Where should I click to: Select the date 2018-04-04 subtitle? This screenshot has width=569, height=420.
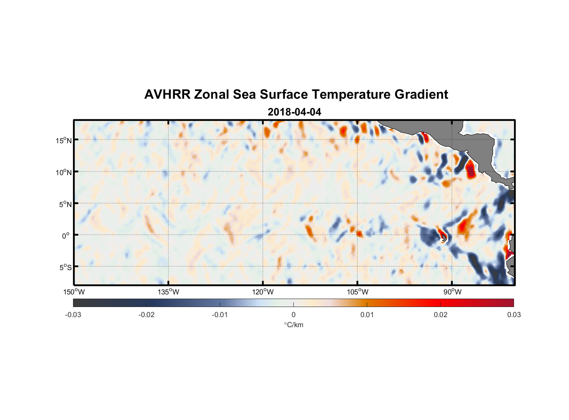tap(294, 112)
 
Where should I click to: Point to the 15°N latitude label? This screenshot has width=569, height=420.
tap(64, 140)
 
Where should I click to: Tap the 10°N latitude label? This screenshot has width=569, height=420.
tap(64, 172)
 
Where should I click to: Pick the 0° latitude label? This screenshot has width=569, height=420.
tap(66, 236)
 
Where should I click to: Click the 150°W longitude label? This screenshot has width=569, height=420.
tap(74, 292)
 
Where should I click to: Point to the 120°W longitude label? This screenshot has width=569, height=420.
tap(263, 292)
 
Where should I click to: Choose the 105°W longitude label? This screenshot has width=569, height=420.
tap(357, 292)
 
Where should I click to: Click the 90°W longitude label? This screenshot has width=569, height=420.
tap(452, 292)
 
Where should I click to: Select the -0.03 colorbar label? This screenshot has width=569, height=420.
tap(73, 315)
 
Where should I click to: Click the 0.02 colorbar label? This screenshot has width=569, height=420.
tap(440, 315)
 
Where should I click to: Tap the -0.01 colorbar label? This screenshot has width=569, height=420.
tap(220, 315)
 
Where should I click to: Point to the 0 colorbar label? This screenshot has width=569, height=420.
tap(293, 315)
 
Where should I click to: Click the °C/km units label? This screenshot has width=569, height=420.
tap(293, 325)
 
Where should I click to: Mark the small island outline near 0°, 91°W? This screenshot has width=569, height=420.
tap(444, 238)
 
